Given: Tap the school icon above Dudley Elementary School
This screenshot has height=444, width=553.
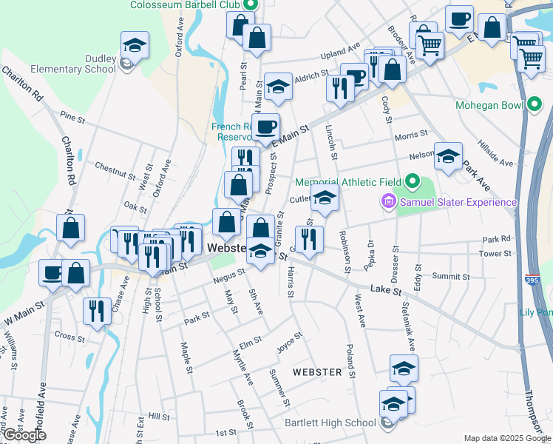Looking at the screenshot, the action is (x=135, y=45).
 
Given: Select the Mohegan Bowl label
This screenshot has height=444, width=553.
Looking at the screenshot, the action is (x=489, y=105).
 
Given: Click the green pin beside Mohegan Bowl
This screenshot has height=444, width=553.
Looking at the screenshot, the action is (x=535, y=106).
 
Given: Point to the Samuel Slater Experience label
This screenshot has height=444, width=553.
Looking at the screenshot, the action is (x=458, y=202).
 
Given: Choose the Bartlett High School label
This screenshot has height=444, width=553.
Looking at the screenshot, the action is (x=330, y=423).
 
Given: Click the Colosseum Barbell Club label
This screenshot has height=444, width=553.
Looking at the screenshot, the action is (x=186, y=5).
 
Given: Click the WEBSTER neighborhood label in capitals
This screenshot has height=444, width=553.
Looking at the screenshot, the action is (x=317, y=371).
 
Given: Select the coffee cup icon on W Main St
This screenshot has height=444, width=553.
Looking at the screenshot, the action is (x=52, y=272).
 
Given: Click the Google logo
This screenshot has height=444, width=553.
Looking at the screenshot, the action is (x=24, y=436).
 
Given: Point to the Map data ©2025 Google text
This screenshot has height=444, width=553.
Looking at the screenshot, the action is (x=506, y=438).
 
